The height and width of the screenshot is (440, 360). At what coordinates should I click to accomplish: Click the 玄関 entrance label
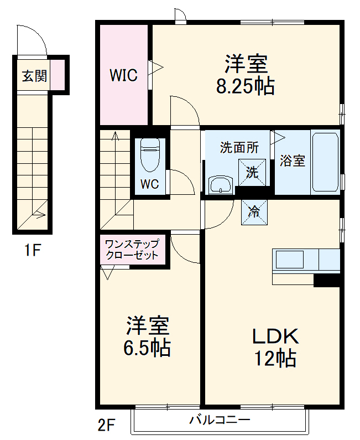34,76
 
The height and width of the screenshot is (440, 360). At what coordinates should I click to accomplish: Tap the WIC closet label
123,75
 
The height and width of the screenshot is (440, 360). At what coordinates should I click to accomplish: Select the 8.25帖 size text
246,87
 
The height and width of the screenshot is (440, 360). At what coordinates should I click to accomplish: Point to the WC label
149,184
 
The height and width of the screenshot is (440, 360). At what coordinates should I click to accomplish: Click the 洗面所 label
239,147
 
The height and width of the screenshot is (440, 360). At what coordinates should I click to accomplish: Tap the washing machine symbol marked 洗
252,172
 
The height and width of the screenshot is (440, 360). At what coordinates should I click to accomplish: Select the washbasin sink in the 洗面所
222,185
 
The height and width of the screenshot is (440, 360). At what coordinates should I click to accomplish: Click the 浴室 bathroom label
293,161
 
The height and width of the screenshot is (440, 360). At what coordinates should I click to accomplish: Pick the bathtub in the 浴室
325,161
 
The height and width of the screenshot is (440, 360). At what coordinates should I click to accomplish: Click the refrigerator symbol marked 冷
254,211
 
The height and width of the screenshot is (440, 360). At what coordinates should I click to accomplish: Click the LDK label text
275,336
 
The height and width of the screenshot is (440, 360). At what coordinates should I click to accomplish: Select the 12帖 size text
275,359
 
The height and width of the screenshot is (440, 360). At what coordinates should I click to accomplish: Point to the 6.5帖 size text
147,348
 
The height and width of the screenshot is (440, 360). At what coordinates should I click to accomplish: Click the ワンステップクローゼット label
132,250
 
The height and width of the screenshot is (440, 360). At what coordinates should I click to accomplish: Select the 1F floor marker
32,250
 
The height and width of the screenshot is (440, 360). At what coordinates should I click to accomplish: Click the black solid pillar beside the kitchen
326,281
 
